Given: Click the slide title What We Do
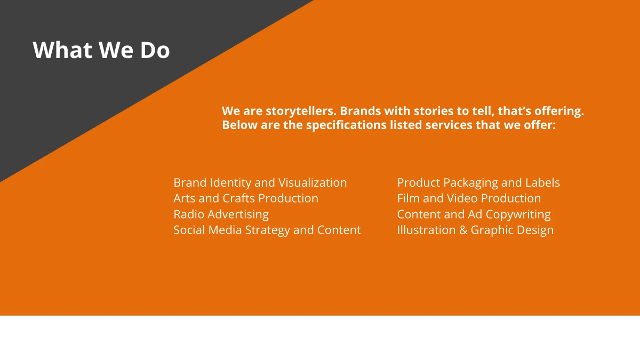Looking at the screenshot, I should (101, 50).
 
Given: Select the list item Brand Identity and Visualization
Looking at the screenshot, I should (260, 182).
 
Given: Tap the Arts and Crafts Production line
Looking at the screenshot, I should (246, 198).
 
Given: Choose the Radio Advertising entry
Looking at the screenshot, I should (221, 214).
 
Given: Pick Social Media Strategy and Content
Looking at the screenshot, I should (267, 230).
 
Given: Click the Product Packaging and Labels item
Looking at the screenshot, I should (478, 182).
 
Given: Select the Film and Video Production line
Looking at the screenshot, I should (469, 198).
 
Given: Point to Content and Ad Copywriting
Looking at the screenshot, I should (474, 214).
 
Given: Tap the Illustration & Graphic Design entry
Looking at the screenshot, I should (475, 230).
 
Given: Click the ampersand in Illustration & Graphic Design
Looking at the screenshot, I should (463, 230).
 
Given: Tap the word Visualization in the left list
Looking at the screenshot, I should (313, 182).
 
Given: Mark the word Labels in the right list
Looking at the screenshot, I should (542, 182).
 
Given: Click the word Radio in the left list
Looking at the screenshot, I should (189, 214).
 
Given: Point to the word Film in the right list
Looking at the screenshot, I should (409, 198).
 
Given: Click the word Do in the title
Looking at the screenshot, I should (155, 50).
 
